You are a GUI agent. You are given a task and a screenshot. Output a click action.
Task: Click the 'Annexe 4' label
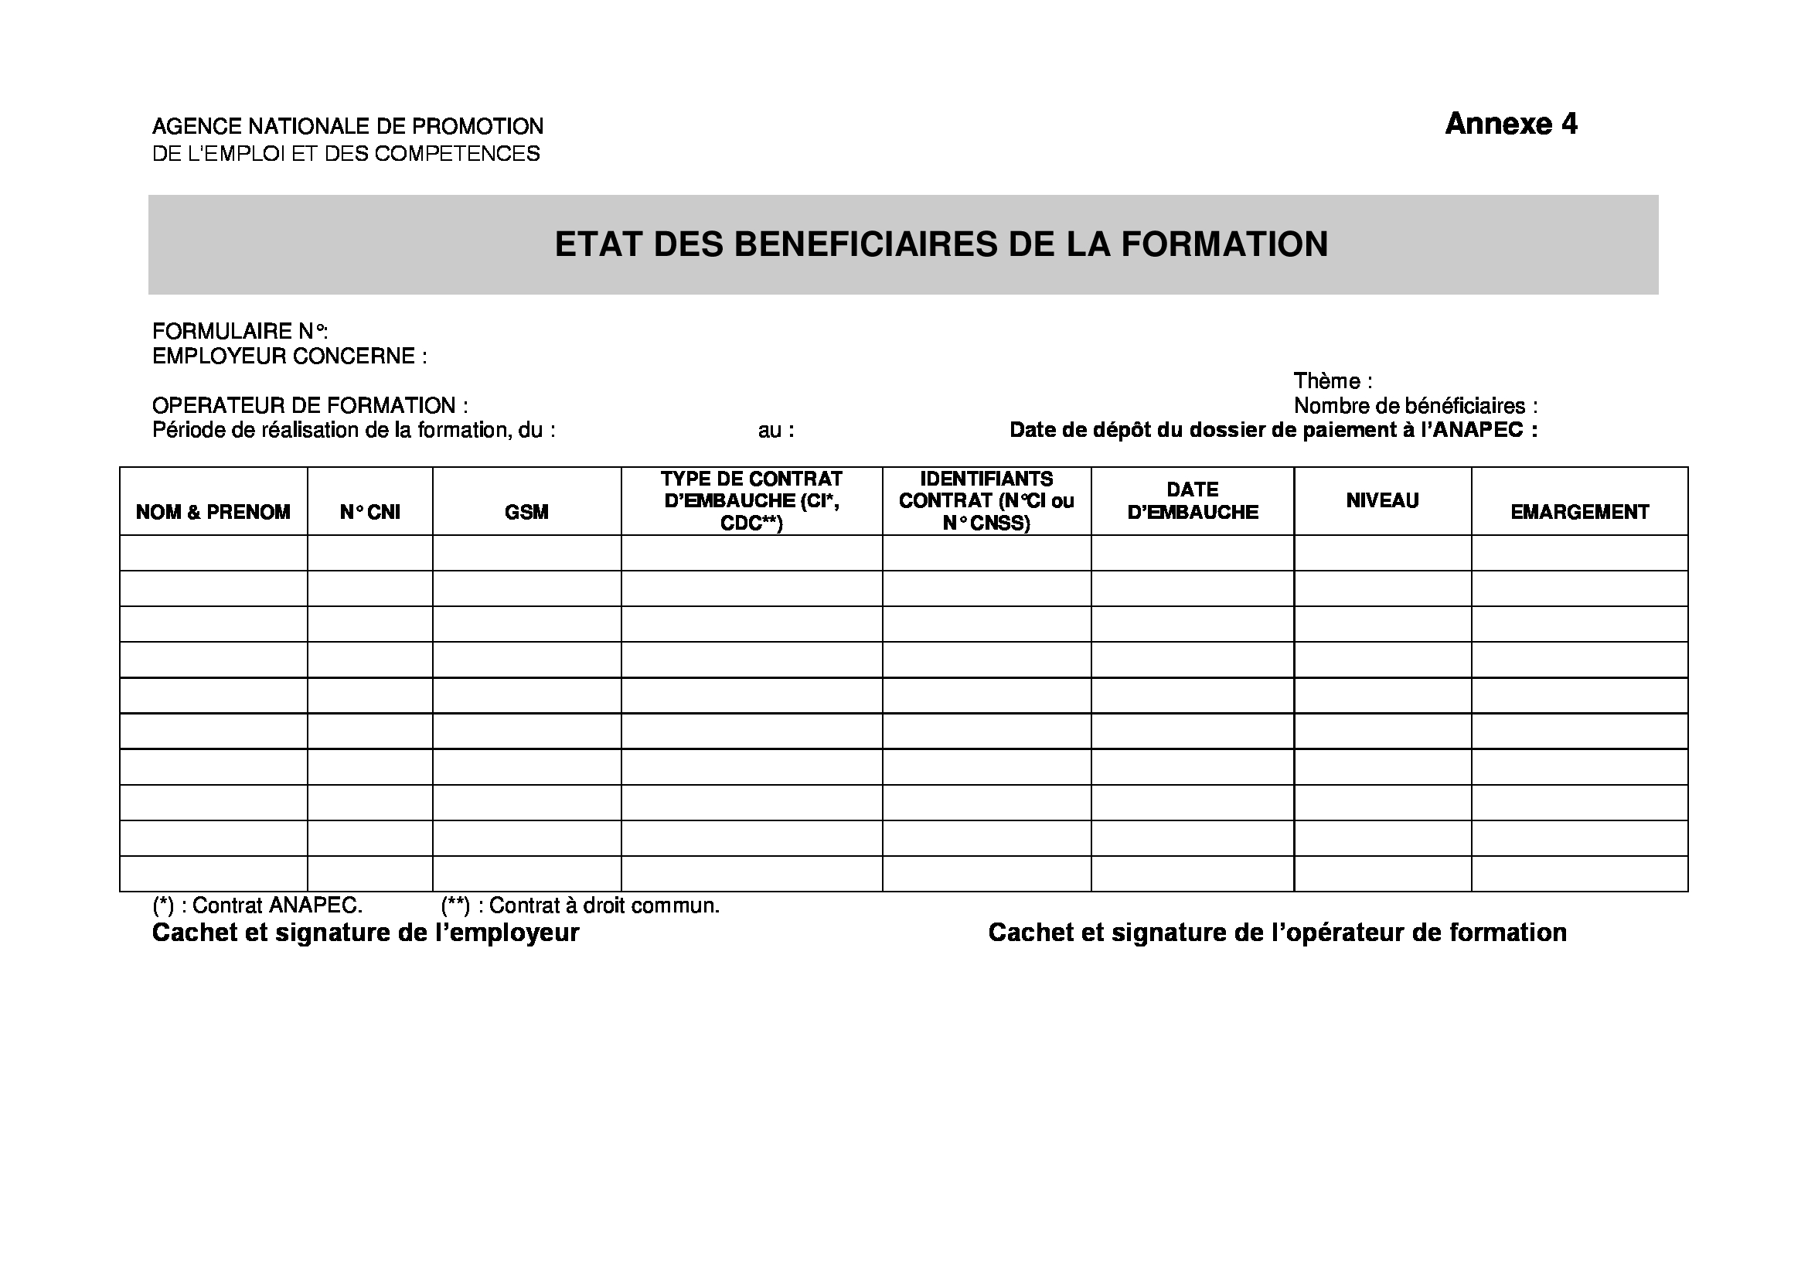(1510, 124)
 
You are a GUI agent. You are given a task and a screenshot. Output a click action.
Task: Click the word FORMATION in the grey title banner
(1224, 244)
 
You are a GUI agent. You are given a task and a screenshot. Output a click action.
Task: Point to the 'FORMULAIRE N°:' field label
(240, 332)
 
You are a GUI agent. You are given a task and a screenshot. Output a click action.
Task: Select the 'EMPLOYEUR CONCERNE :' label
(289, 356)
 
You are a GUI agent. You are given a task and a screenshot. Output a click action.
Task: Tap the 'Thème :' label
(1333, 381)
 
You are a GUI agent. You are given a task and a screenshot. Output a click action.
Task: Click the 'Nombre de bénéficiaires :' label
(1415, 407)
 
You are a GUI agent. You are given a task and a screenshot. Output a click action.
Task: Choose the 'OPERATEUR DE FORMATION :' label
(309, 407)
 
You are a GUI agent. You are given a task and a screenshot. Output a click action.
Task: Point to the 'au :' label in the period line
(775, 431)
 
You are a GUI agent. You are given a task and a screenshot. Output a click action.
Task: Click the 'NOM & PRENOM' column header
(213, 512)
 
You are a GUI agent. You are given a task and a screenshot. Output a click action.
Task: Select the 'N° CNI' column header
(369, 512)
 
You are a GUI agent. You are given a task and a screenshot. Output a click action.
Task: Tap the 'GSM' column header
(526, 512)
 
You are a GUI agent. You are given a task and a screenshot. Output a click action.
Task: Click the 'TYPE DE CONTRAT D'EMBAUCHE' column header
(751, 501)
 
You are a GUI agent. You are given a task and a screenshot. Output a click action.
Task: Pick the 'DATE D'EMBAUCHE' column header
(1192, 501)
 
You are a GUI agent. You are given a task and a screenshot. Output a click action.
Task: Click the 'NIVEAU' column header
(1382, 501)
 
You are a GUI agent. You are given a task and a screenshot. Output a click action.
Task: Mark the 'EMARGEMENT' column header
(1579, 512)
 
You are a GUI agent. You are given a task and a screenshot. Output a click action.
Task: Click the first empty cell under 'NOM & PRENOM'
(213, 553)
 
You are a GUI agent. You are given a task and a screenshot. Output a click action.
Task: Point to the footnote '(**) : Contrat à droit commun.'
(581, 906)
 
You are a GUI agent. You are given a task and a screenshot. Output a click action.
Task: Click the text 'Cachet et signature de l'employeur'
(366, 933)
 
